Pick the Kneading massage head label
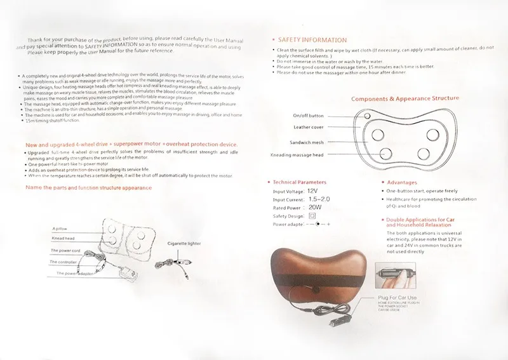(298, 155)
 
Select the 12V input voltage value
(312, 190)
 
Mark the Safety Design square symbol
(312, 216)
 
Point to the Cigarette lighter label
(184, 243)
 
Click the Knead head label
(64, 239)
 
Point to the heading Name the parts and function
(88, 188)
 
